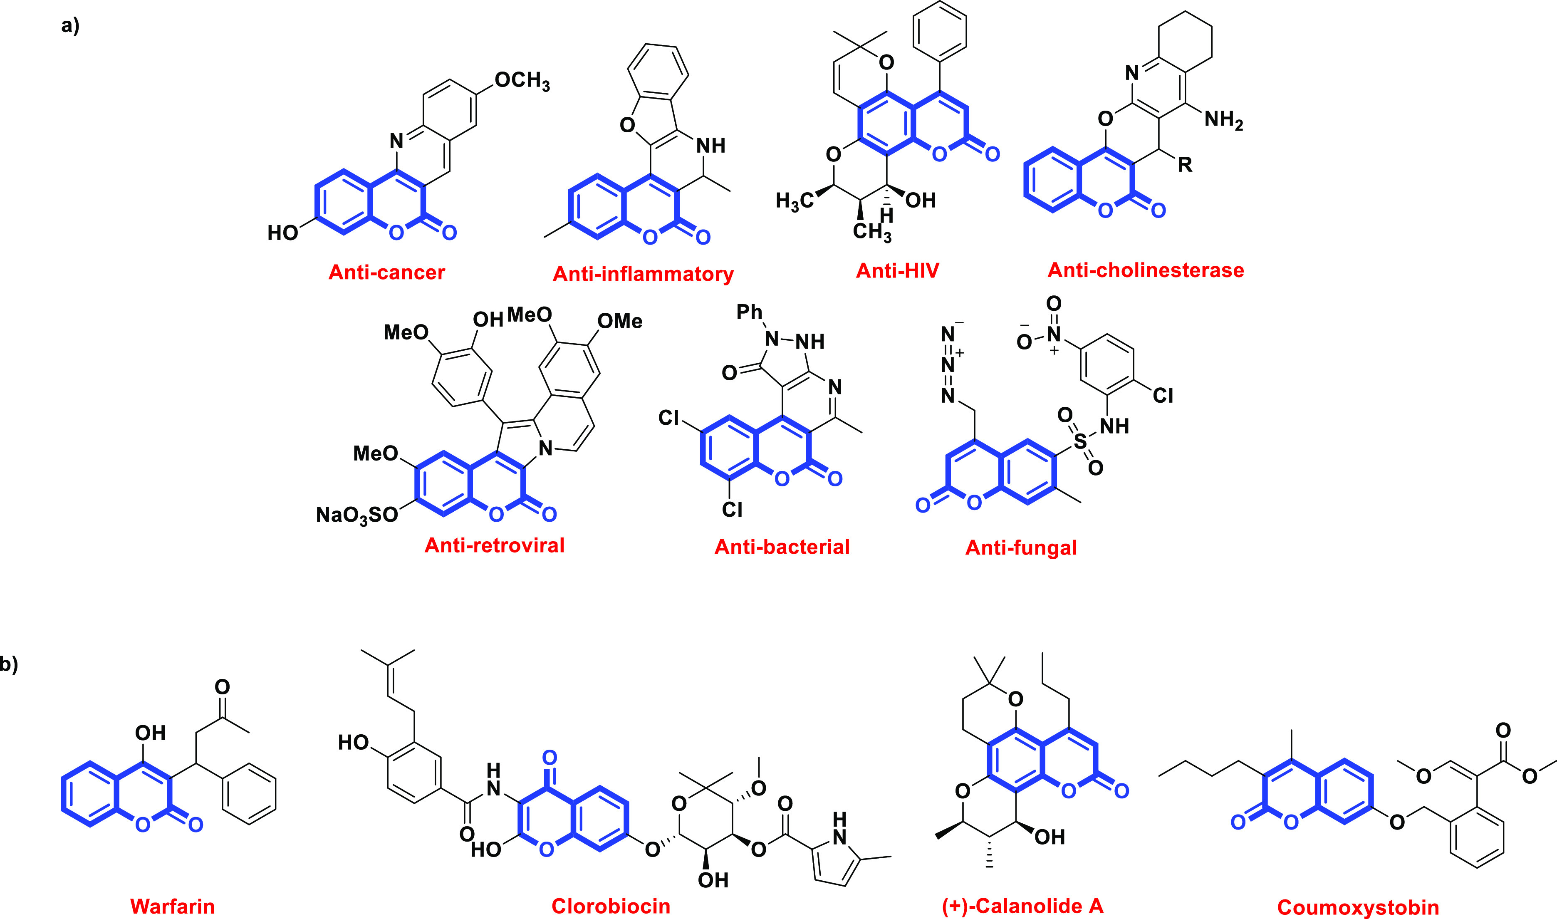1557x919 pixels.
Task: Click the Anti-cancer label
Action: tap(386, 272)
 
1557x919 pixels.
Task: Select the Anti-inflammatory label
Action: tap(643, 274)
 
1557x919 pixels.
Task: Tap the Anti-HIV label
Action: tap(897, 270)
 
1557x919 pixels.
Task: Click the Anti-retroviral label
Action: tap(494, 545)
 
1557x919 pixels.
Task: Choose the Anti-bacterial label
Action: tap(782, 547)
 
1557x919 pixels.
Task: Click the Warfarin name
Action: tap(172, 907)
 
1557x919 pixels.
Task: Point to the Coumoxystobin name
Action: tap(1358, 907)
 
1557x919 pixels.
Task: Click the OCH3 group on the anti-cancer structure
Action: tap(522, 81)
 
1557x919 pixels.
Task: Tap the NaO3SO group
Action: tap(356, 515)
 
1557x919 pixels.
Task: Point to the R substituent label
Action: tap(1184, 165)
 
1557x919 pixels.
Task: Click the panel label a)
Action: tap(70, 26)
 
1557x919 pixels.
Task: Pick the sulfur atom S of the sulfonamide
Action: tap(1080, 441)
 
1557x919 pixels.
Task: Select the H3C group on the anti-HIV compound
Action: tap(794, 201)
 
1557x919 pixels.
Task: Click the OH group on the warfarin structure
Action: tap(151, 733)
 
